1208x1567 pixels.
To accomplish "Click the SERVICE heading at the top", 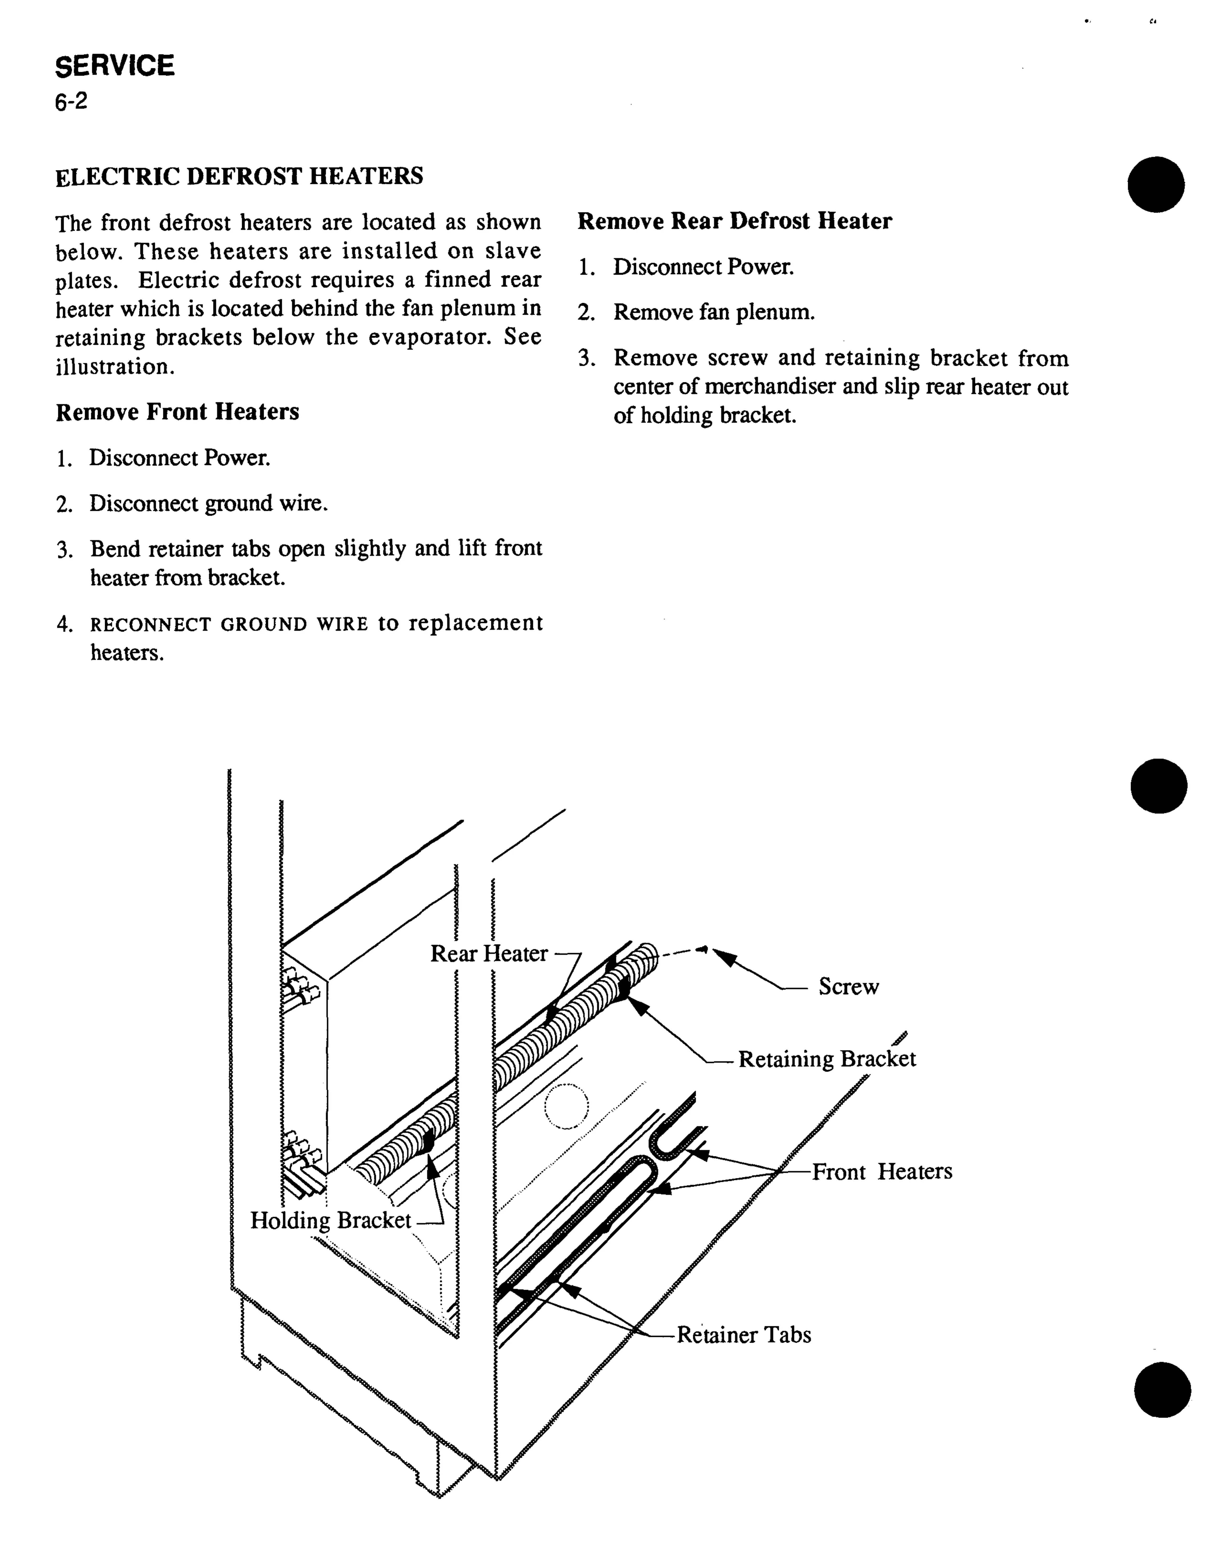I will (x=115, y=66).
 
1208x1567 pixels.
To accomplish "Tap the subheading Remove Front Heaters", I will (x=177, y=412).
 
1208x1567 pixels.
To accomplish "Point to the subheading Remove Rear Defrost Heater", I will (x=734, y=221).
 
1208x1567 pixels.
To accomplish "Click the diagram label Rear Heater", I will (x=489, y=954).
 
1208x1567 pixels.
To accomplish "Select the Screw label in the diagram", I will (x=848, y=987).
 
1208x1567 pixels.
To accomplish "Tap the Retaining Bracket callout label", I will (x=827, y=1059).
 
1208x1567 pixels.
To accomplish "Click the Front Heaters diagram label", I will (x=881, y=1172).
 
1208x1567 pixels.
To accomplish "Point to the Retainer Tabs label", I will (x=744, y=1335).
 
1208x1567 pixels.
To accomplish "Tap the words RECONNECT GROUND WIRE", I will (x=229, y=624).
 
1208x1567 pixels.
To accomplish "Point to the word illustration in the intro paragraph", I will (x=114, y=367).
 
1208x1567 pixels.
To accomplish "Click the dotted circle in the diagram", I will (x=566, y=1106).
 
